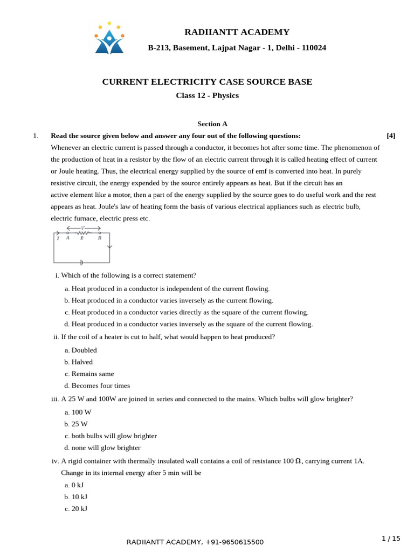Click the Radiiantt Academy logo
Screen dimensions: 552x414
click(109, 39)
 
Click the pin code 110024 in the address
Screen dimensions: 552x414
click(314, 48)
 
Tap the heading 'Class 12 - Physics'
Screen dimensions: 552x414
click(207, 96)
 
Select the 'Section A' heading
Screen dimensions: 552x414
click(212, 124)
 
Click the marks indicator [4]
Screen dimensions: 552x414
click(391, 136)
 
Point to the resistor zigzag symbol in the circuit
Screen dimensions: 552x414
click(83, 233)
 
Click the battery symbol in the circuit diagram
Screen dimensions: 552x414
click(81, 263)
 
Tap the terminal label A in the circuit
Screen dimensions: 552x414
click(67, 238)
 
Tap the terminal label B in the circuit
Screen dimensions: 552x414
click(100, 238)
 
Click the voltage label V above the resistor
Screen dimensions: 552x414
click(83, 228)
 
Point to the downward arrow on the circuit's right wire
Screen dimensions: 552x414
click(109, 247)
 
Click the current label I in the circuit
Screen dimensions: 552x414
click(58, 238)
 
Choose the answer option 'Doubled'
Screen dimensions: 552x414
click(84, 350)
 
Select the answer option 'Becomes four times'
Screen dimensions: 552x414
click(100, 386)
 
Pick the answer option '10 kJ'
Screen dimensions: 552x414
click(79, 497)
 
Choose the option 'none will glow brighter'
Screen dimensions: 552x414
click(106, 448)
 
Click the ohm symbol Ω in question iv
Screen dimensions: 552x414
click(298, 461)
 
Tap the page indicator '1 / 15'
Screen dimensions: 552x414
click(391, 539)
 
